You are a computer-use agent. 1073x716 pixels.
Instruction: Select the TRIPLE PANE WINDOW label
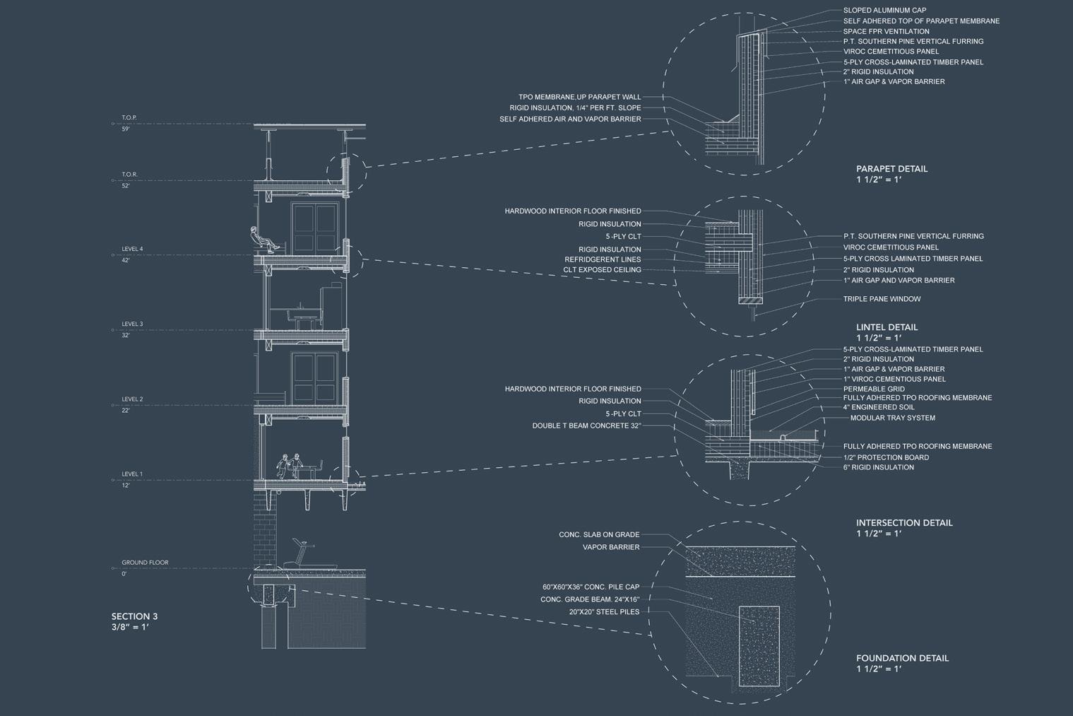[882, 299]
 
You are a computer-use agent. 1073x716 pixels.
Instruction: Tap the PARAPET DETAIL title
[891, 169]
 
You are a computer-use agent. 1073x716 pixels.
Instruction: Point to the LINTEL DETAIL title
[887, 327]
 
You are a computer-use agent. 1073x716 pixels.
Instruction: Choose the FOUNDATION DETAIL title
[902, 658]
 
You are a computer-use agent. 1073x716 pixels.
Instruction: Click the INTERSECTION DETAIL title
[904, 523]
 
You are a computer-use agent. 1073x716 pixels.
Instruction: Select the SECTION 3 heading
[134, 616]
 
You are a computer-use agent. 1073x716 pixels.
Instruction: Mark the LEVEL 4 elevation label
[132, 249]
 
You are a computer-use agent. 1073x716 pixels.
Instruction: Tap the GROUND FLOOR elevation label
[145, 563]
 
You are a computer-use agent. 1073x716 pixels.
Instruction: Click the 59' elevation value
[126, 129]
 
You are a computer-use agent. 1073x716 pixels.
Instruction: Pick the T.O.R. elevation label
[129, 175]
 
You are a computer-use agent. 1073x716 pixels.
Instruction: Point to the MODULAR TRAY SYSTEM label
[892, 418]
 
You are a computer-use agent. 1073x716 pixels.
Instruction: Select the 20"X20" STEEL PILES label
[604, 611]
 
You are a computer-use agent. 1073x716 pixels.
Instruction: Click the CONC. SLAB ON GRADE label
[599, 535]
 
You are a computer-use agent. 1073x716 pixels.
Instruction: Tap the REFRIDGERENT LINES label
[603, 259]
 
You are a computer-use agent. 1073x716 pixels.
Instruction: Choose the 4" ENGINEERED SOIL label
[879, 407]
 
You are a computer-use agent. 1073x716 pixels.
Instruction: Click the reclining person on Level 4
[263, 239]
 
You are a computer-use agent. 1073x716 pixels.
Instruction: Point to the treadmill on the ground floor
[300, 553]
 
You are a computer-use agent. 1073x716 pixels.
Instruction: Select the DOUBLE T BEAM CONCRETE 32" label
[586, 426]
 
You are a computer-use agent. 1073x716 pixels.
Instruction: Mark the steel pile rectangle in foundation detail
[759, 645]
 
